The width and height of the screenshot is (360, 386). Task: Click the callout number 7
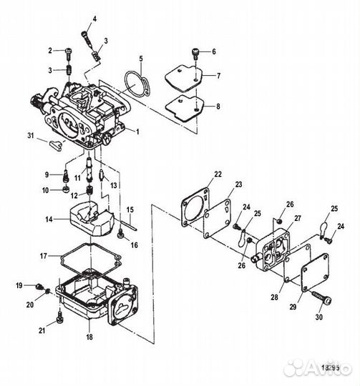click(220, 75)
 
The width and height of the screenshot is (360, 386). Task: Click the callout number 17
click(43, 255)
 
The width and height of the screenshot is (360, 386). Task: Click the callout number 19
click(19, 286)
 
